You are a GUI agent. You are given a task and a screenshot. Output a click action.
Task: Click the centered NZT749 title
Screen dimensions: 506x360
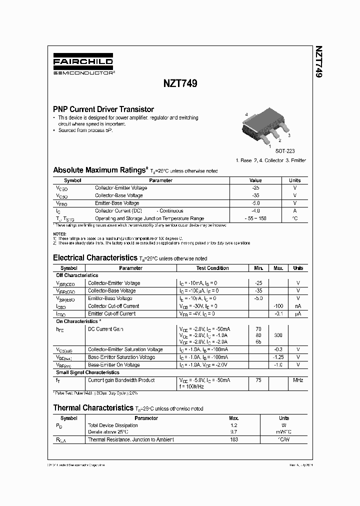click(x=180, y=84)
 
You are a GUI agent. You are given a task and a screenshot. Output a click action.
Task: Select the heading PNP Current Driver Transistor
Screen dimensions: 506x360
click(x=103, y=109)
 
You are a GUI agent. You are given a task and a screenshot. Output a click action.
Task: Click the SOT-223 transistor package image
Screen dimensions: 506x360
click(x=267, y=127)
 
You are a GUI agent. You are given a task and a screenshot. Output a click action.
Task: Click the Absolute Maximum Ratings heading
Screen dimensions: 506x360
click(x=100, y=170)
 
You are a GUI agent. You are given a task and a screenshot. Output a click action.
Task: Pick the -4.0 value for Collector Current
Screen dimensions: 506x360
click(x=256, y=211)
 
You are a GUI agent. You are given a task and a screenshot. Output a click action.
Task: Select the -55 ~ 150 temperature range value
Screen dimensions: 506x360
click(x=256, y=218)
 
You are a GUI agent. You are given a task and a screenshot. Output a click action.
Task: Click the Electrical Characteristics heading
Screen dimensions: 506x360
click(x=95, y=258)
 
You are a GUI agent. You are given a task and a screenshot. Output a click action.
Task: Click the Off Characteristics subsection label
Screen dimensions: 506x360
click(x=77, y=275)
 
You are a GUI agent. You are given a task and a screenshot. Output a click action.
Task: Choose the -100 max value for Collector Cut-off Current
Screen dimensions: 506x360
click(x=278, y=306)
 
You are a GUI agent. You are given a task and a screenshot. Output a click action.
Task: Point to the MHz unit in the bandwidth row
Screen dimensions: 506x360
click(x=298, y=380)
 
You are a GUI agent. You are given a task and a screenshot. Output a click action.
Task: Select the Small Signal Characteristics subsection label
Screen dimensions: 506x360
click(x=87, y=372)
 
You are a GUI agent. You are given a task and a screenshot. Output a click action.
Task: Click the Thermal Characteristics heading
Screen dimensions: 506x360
click(x=93, y=407)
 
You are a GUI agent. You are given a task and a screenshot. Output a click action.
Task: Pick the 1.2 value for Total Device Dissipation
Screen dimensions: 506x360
click(x=233, y=425)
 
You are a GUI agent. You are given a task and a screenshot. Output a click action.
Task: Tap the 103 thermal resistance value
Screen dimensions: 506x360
click(x=233, y=440)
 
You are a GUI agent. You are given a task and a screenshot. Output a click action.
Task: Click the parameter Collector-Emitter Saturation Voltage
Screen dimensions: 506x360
click(x=125, y=349)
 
